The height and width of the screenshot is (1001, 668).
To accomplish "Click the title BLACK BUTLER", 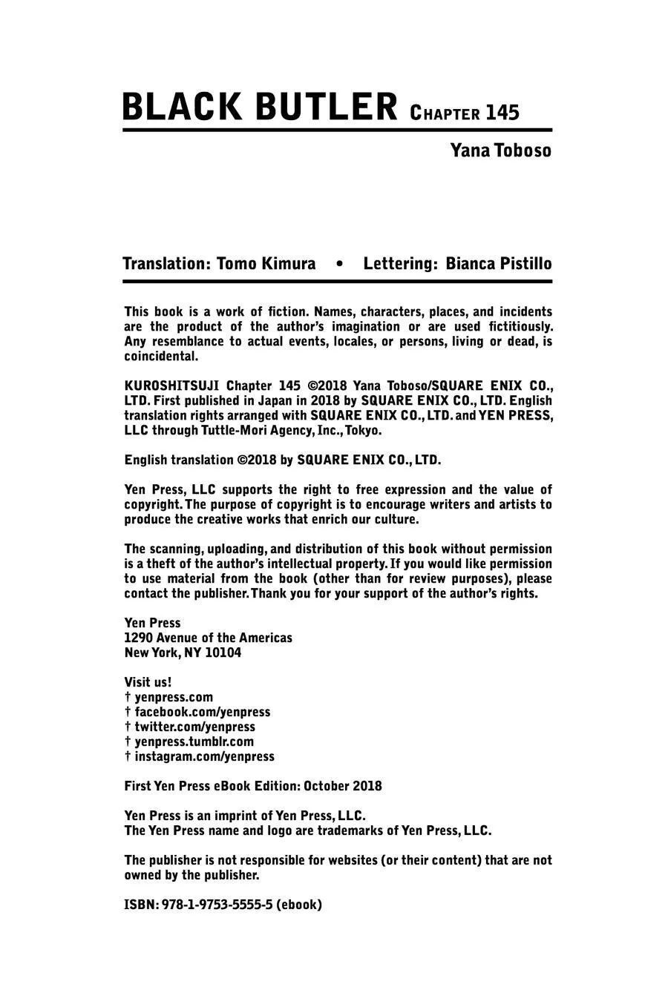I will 260,107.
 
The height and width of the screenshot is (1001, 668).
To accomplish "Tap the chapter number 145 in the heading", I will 502,113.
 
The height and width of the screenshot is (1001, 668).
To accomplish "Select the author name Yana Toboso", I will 500,151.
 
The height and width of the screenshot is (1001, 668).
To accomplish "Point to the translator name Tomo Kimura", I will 266,264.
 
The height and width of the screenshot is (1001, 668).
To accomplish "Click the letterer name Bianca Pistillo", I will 498,264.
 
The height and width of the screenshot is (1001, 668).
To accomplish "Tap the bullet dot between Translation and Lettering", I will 339,264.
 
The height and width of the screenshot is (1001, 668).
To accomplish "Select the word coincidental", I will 161,356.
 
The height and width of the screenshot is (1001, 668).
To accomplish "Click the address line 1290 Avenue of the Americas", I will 208,638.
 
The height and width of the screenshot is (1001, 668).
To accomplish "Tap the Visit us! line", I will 148,682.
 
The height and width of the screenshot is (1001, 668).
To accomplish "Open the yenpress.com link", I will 174,697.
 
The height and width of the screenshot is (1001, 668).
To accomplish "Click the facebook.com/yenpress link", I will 202,712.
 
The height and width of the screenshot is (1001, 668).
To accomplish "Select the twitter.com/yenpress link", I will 194,727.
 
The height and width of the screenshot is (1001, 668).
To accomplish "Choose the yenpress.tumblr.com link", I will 194,741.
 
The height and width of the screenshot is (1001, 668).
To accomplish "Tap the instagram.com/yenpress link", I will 204,756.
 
